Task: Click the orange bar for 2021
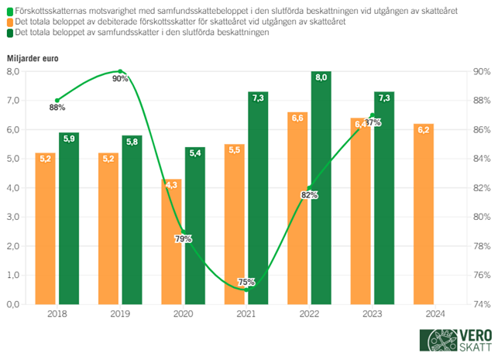point(235,224)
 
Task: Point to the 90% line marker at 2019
point(121,71)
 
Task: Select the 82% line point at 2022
point(310,188)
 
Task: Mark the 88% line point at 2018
point(57,101)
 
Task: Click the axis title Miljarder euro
point(33,58)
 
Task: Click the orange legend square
point(9,23)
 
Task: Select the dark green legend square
point(9,35)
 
